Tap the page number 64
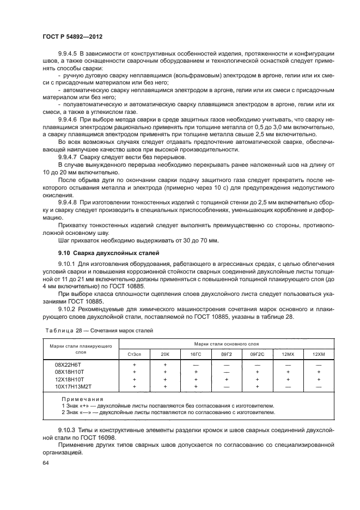point(45,463)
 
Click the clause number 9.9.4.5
point(69,55)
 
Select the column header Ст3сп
point(135,354)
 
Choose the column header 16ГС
point(196,354)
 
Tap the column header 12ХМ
point(318,354)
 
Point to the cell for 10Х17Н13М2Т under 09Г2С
point(257,386)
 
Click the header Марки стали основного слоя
point(226,344)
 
